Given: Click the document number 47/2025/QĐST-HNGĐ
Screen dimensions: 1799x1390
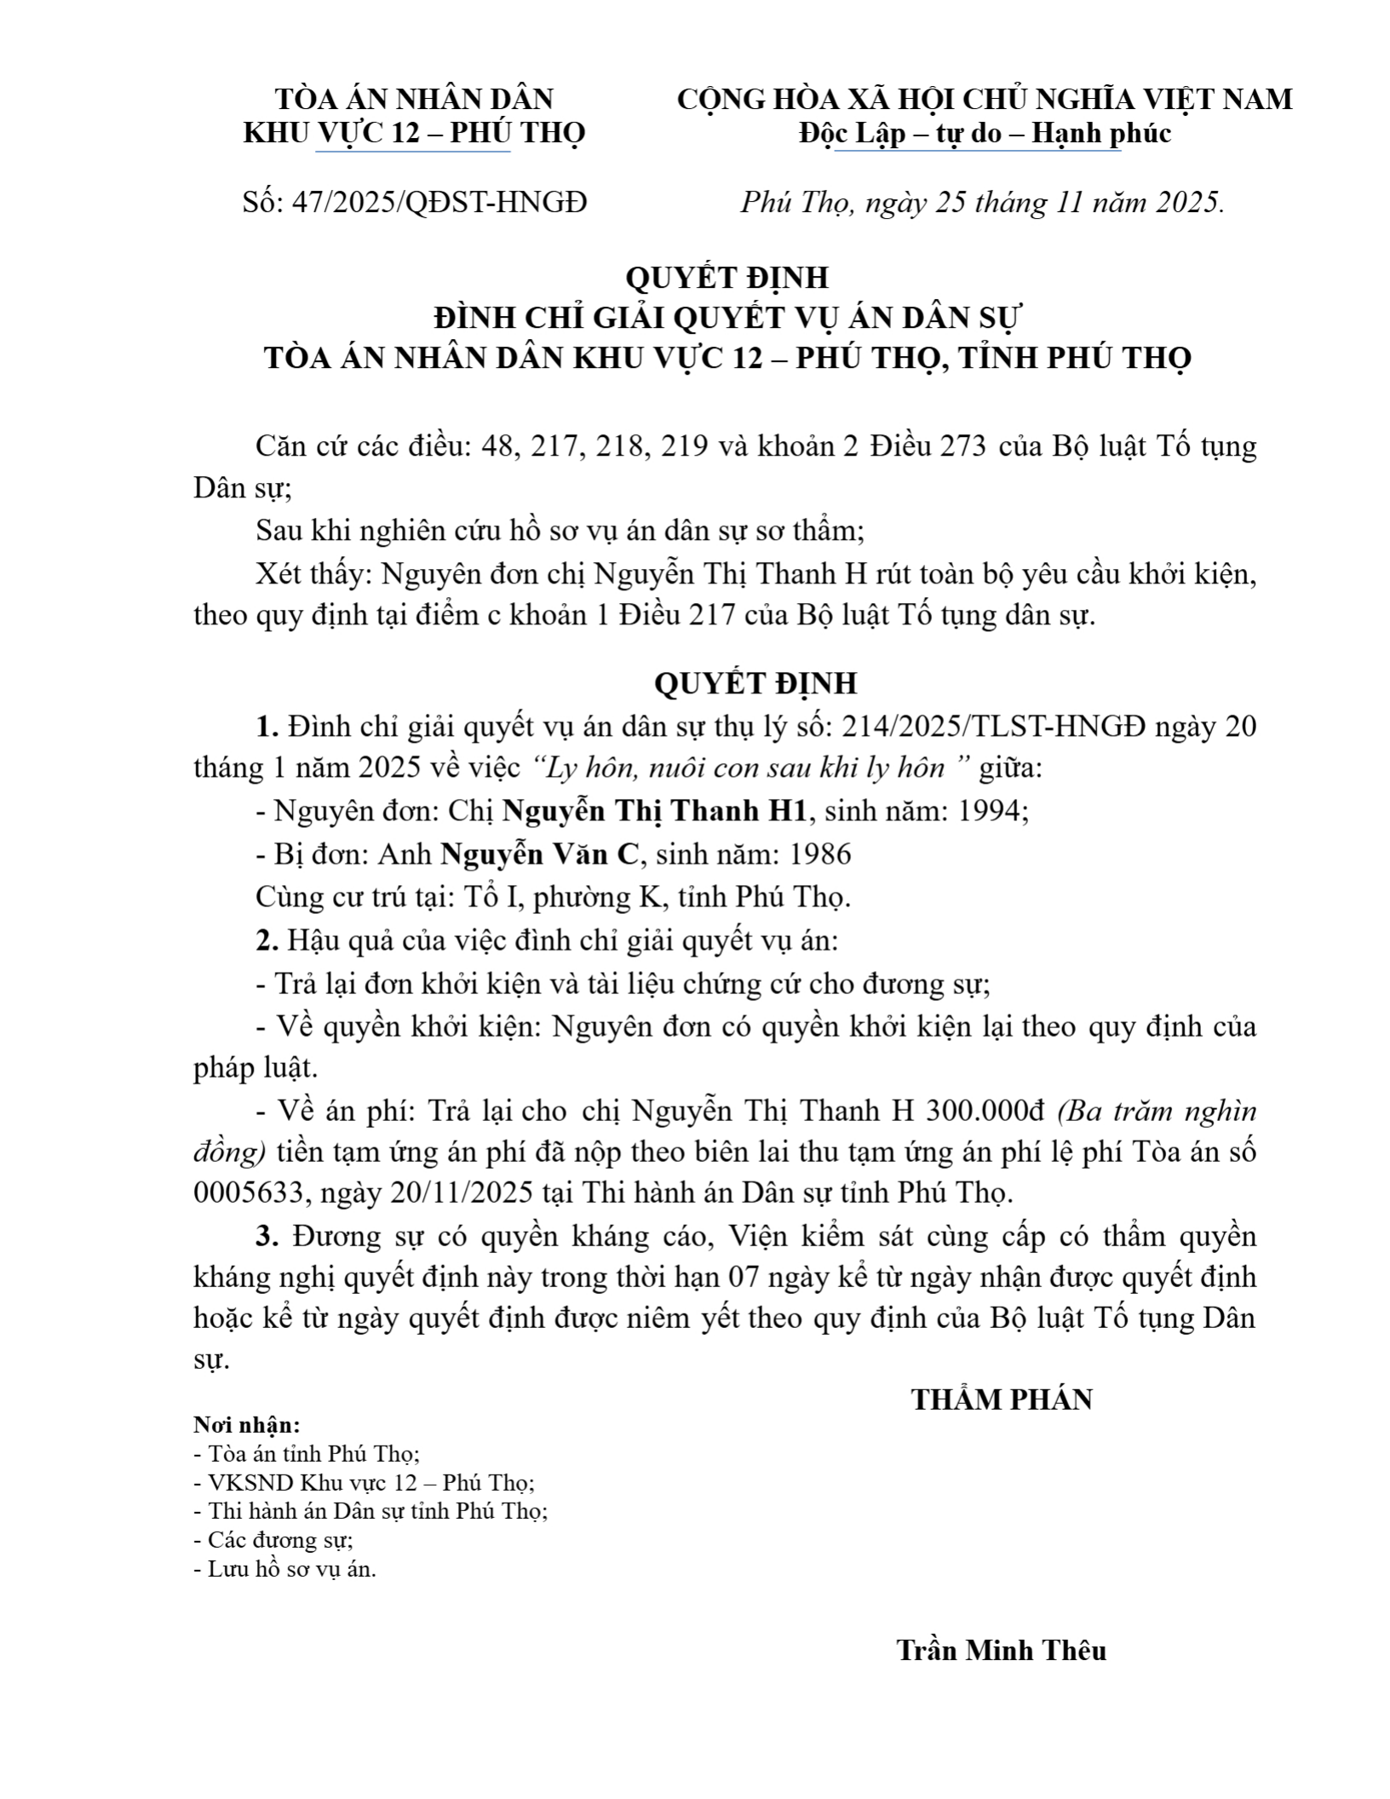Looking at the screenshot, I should point(439,203).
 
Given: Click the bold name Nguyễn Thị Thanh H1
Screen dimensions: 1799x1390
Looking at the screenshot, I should point(654,811).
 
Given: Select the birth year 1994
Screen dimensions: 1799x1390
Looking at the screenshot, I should point(991,811).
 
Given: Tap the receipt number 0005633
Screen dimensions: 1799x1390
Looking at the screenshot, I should point(248,1193).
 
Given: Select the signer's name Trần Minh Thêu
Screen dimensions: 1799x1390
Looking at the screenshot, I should point(1001,1651).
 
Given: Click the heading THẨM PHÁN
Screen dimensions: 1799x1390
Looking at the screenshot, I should point(1002,1400).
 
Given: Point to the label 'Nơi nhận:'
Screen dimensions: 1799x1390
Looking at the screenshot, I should point(247,1425).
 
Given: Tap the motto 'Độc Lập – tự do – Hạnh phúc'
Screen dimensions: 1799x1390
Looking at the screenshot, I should point(985,134).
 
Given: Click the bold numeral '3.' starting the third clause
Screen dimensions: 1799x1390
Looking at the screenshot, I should point(267,1236).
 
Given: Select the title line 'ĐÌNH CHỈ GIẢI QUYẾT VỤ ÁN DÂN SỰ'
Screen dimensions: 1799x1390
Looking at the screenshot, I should point(727,318).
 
